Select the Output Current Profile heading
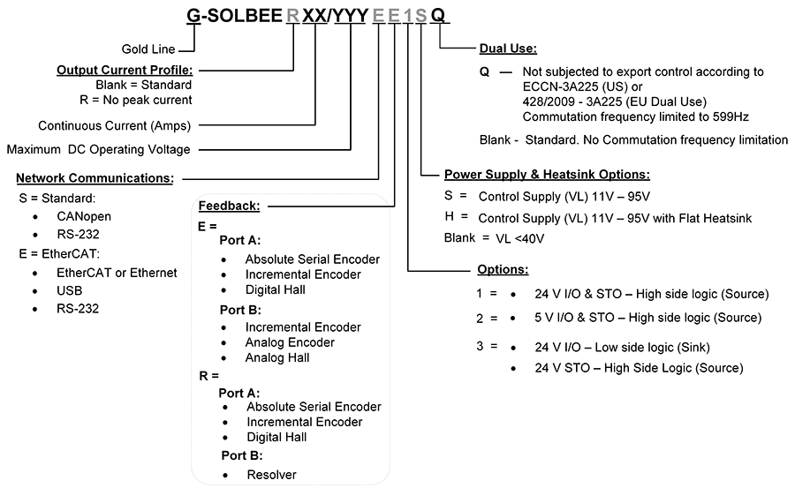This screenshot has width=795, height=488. [125, 70]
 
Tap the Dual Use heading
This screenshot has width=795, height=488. [508, 49]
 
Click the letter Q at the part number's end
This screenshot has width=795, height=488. [439, 15]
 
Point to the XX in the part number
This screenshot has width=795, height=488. [314, 15]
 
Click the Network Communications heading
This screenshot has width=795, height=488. [95, 177]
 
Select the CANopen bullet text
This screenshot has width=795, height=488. [84, 216]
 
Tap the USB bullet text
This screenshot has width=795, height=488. [69, 290]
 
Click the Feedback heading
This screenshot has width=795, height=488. [229, 206]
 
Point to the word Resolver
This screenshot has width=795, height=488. [271, 475]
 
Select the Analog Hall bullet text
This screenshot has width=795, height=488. [277, 358]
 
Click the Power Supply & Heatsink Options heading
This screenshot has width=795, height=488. [547, 175]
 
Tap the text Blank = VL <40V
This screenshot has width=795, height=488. [494, 238]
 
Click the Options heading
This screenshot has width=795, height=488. [503, 269]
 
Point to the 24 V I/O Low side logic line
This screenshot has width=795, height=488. [609, 347]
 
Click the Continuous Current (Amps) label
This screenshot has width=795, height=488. [115, 125]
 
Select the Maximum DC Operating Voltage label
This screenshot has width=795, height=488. [98, 150]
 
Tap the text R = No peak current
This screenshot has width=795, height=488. [143, 100]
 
